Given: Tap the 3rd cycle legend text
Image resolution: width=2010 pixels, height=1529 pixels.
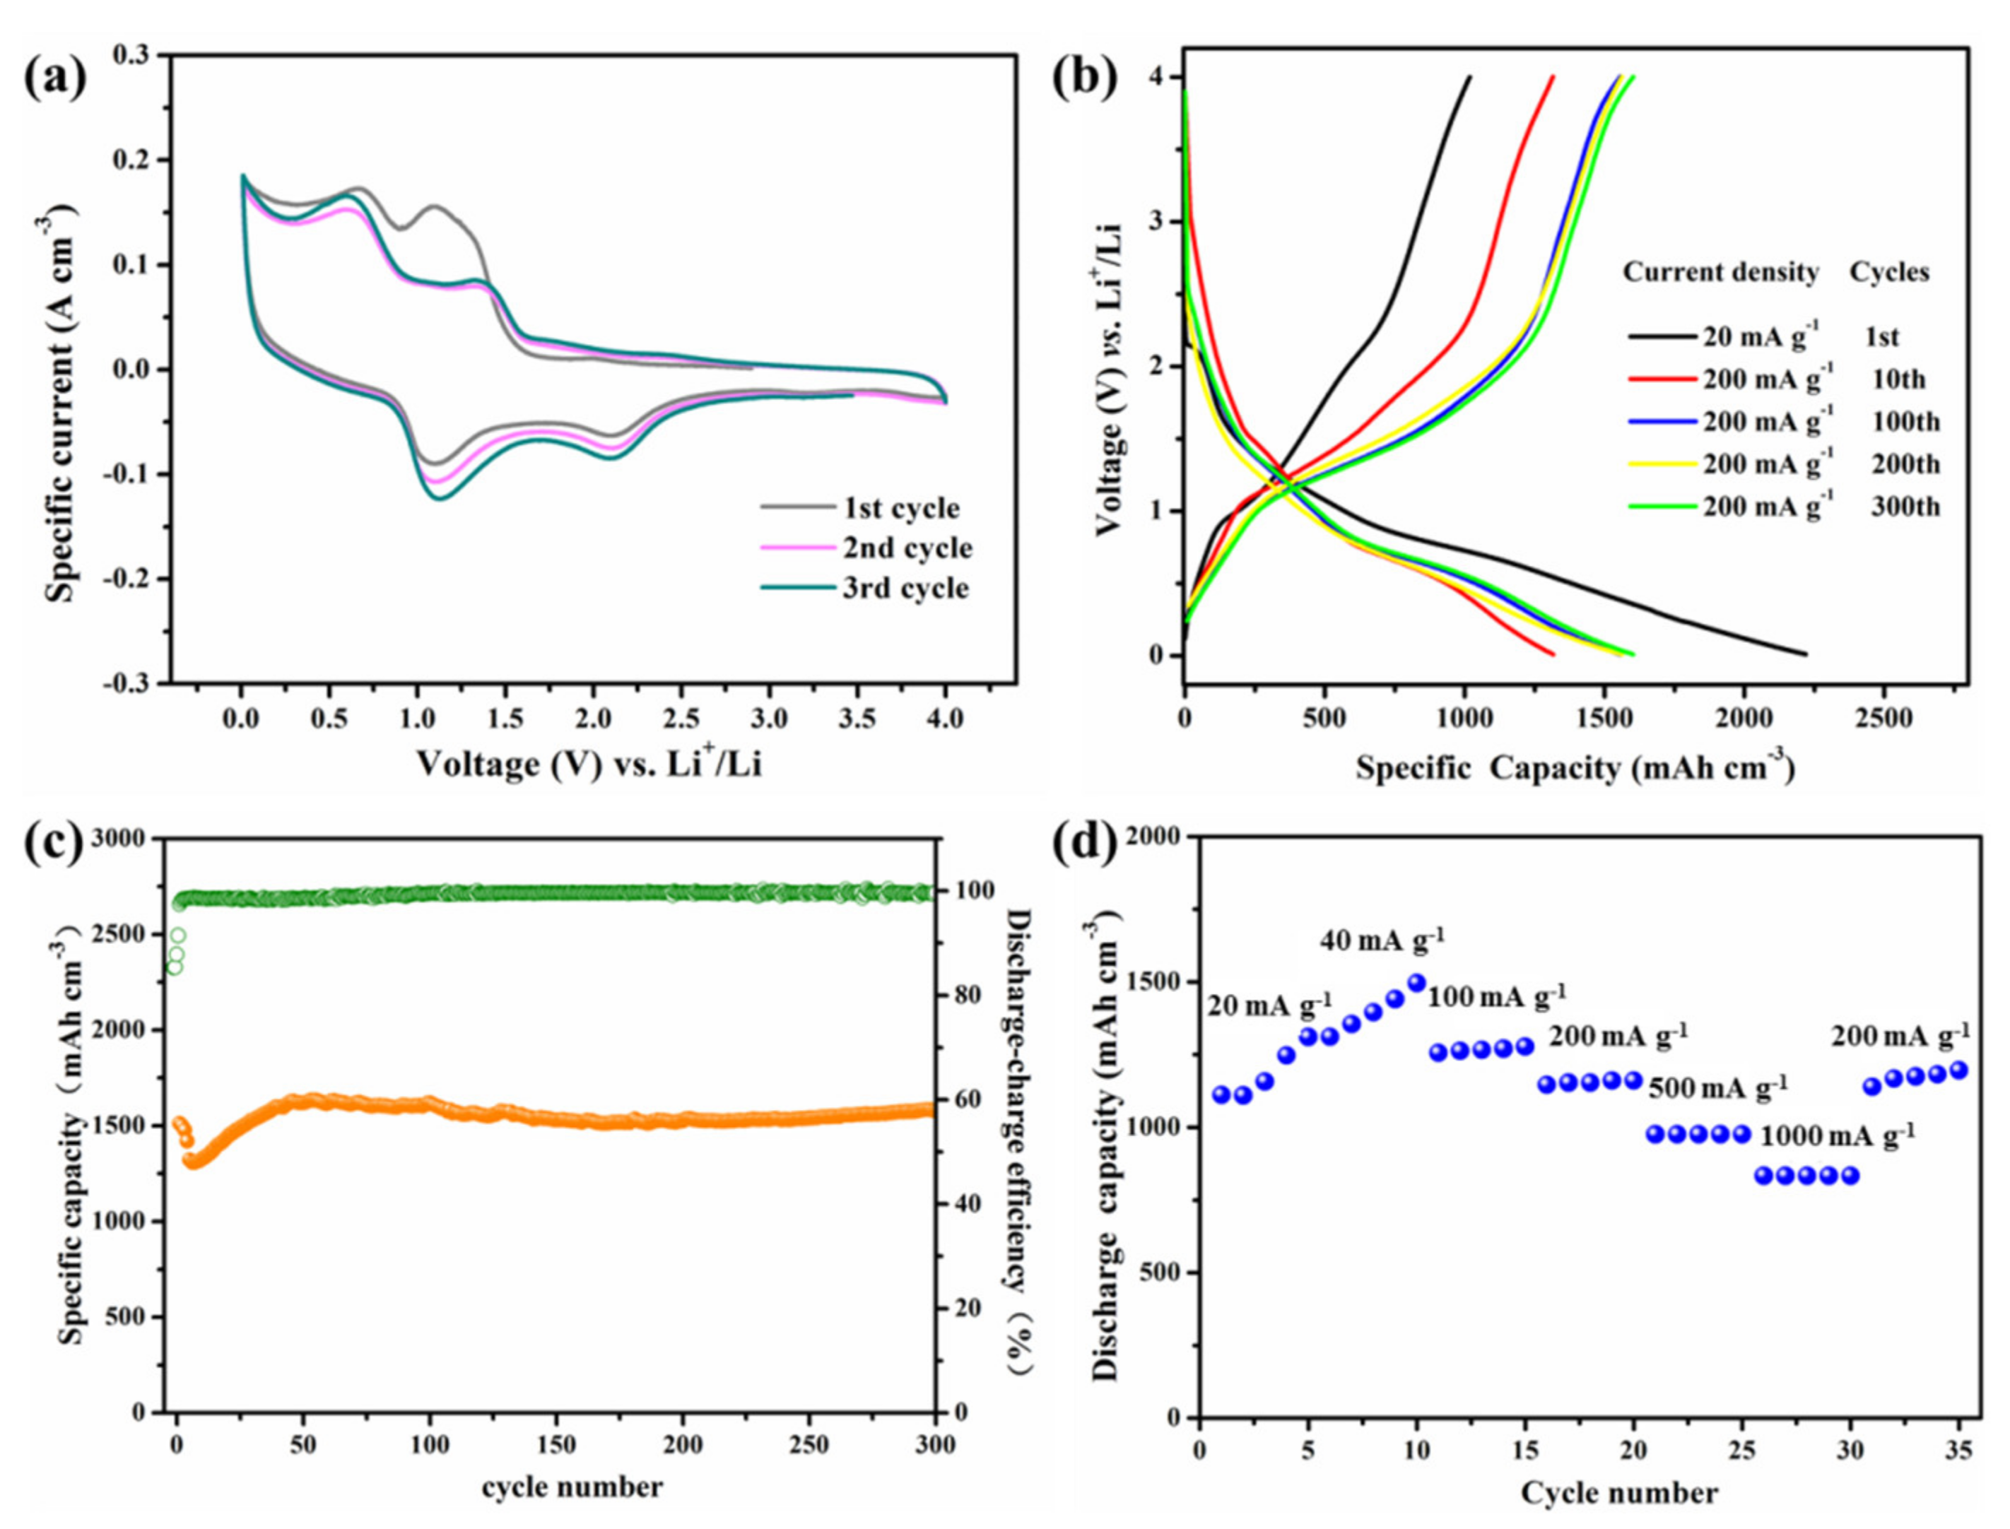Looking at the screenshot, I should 905,588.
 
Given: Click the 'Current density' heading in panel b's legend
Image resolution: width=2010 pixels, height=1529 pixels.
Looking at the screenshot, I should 1720,272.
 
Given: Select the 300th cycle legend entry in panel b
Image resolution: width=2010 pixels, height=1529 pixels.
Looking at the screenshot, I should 1905,506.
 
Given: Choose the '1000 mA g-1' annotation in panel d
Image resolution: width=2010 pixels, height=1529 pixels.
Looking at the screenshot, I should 1836,1137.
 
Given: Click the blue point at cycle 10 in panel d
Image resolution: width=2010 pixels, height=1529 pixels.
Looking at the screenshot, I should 1416,983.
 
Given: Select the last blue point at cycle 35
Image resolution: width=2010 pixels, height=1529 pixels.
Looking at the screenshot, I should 1958,1070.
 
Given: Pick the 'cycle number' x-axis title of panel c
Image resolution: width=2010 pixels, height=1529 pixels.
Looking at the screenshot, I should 572,1487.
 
